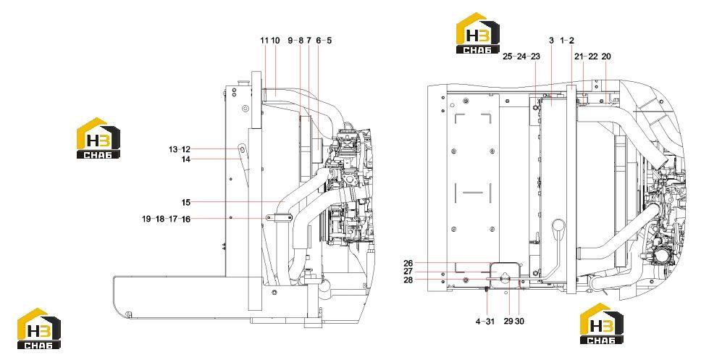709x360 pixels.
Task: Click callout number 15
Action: click(186, 202)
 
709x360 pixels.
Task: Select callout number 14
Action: click(186, 159)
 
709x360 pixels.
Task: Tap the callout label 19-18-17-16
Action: click(166, 219)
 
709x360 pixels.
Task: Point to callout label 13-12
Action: click(180, 149)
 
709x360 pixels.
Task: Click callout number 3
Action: click(551, 41)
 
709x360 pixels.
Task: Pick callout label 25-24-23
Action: click(521, 56)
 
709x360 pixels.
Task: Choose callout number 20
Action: click(606, 56)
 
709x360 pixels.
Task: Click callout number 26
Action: click(408, 263)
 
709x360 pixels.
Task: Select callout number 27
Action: click(408, 272)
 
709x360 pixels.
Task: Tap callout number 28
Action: click(408, 280)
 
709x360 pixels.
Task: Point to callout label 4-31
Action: click(485, 322)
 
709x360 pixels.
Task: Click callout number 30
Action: click(519, 322)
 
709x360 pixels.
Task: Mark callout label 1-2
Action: click(567, 41)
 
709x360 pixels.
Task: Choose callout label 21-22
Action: click(586, 56)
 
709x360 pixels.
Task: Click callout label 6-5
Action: click(324, 41)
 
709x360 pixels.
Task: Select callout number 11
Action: click(264, 41)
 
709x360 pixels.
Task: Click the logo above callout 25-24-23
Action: click(478, 33)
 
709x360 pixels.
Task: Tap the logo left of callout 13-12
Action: click(98, 138)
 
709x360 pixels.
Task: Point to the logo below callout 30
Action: click(601, 323)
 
